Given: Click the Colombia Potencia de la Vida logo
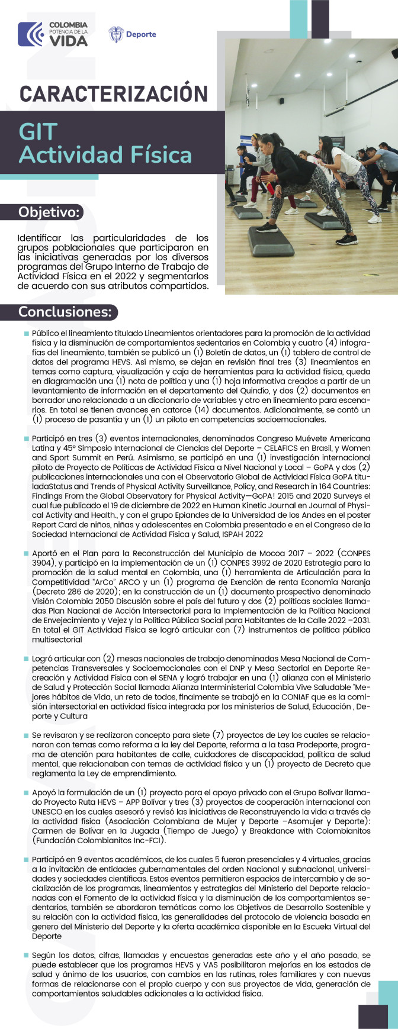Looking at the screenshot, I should tap(52, 34).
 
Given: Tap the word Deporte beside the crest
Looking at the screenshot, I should tap(141, 34).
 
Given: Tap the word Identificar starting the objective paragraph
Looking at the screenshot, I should tap(43, 238).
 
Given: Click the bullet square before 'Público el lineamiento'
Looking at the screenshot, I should tap(26, 334).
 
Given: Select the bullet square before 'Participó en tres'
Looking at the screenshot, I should tap(26, 439).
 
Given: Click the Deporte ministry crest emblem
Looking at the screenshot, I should tap(116, 34).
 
